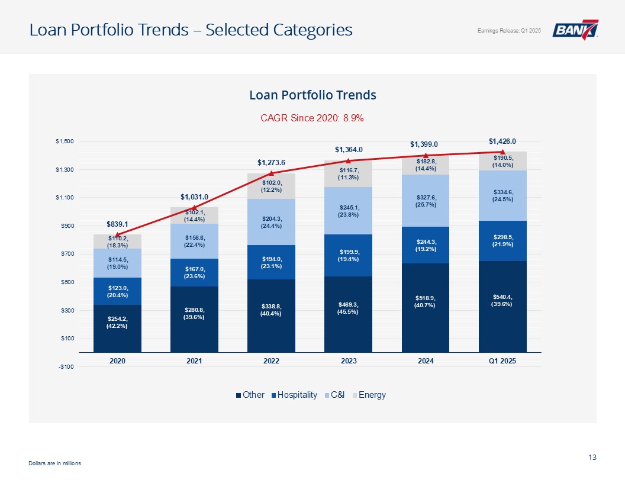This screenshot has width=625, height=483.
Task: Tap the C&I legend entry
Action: point(337,395)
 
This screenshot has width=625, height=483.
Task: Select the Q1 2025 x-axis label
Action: point(502,361)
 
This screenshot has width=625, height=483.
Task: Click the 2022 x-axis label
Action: point(271,361)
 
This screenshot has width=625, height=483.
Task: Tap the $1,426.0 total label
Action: point(502,141)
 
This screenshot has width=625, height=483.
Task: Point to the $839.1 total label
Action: point(117,224)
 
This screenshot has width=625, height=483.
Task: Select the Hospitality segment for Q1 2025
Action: point(502,241)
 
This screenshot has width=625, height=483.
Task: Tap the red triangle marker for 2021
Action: point(194,207)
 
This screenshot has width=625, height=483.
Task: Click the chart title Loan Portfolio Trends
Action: point(312,95)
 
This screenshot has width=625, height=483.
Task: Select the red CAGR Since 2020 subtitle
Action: point(312,118)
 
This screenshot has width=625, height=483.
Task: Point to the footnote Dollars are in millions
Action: point(54,463)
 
